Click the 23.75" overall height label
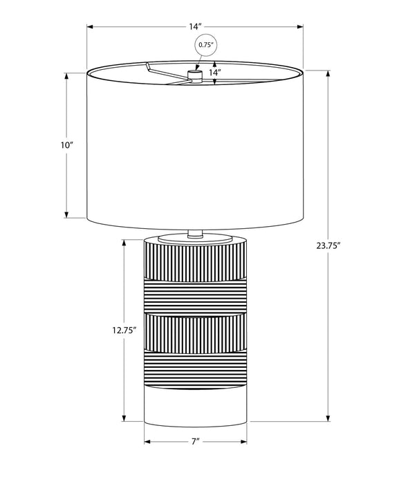[x=328, y=245]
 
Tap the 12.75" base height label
[x=124, y=330]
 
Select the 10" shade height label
[x=66, y=145]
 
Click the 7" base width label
[x=195, y=441]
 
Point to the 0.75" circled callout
[x=206, y=45]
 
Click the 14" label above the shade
[x=195, y=26]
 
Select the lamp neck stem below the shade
[x=195, y=234]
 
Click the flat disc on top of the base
[x=195, y=239]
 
